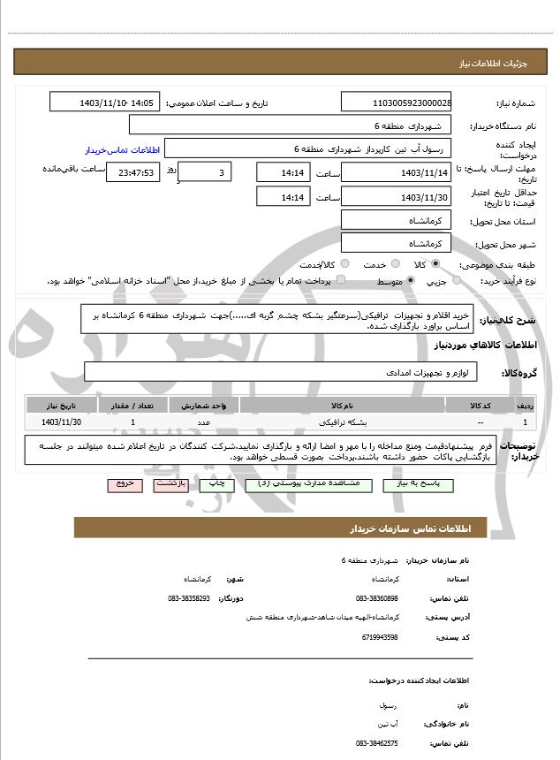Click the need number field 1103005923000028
pos(395,103)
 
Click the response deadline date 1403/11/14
pos(395,172)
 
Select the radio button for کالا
pos(435,264)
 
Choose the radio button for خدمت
pos(394,264)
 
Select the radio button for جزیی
pos(457,281)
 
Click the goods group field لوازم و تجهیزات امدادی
pos(281,373)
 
